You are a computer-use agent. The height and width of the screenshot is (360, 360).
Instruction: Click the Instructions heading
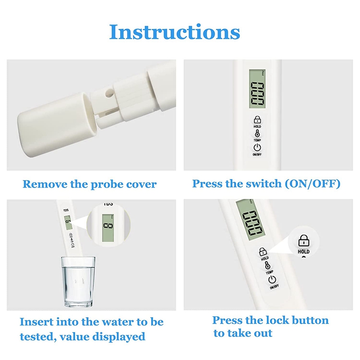point(175,32)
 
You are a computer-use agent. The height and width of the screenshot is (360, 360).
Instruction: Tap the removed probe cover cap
point(58,125)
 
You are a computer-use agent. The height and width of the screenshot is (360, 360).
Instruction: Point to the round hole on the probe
point(109,93)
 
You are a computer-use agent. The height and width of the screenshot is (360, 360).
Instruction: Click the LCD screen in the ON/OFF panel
point(257,89)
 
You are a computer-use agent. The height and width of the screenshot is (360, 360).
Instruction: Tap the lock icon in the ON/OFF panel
point(257,120)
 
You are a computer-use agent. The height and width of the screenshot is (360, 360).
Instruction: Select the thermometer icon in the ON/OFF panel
point(257,133)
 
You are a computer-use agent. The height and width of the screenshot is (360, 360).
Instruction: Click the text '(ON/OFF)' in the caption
point(312,184)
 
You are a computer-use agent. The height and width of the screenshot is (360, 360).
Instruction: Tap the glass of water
point(78,282)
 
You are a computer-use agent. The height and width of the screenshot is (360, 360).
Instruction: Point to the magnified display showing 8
point(108,228)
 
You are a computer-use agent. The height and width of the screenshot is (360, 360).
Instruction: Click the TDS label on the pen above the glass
point(66,210)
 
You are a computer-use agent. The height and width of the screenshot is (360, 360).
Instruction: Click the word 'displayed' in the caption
point(119,337)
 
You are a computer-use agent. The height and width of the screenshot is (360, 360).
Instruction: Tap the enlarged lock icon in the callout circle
point(304,241)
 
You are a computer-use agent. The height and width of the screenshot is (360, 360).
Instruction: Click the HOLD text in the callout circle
point(303,252)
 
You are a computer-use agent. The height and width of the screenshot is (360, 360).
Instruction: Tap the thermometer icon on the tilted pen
point(267,265)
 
